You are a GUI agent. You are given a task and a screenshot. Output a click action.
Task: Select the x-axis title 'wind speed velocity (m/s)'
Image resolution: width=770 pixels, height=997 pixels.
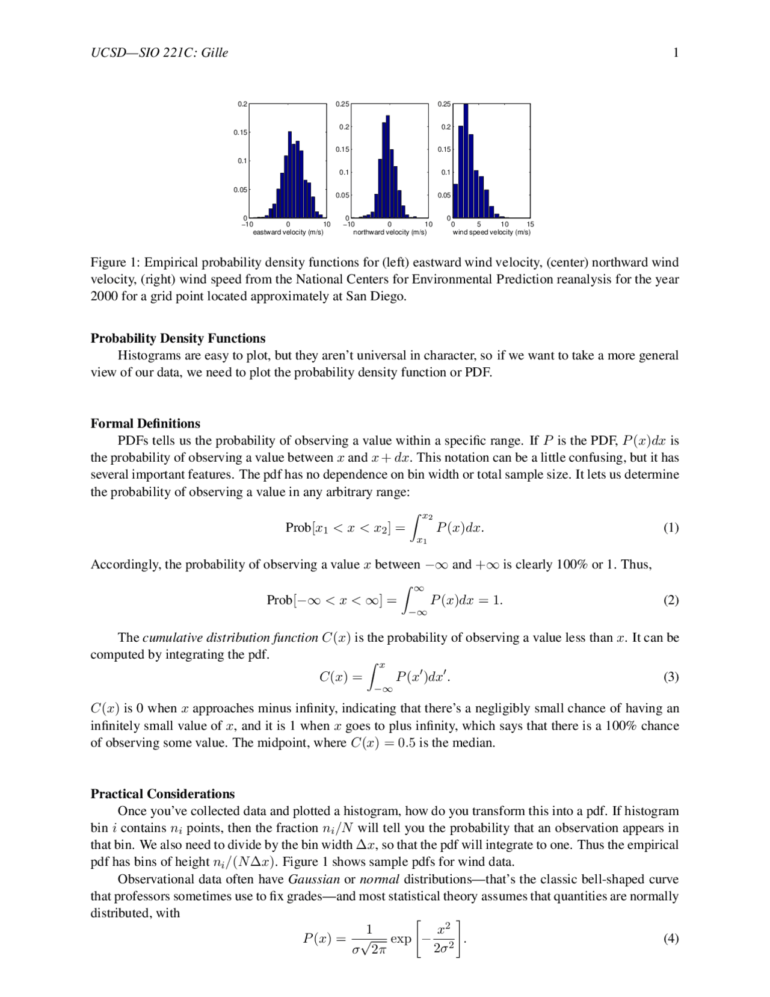[x=491, y=232]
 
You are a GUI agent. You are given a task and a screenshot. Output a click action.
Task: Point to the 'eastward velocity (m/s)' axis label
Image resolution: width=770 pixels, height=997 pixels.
[x=288, y=232]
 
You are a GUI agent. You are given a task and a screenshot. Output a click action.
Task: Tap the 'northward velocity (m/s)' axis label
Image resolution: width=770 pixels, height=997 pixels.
[x=389, y=232]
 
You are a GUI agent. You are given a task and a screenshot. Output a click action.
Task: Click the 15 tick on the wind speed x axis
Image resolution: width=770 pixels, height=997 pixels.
[x=530, y=225]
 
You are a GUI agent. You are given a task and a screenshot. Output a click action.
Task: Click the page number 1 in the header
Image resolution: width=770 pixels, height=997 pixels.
[x=676, y=53]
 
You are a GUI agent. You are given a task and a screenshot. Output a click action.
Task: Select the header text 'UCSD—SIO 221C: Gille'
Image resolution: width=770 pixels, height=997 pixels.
[x=159, y=53]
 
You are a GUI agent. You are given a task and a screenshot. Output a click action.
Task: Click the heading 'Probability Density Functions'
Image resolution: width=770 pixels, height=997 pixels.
[x=178, y=338]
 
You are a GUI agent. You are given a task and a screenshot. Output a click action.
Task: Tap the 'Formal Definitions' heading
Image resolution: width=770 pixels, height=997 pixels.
[x=145, y=423]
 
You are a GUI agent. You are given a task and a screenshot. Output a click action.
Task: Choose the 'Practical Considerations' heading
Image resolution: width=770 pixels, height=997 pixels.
[x=162, y=794]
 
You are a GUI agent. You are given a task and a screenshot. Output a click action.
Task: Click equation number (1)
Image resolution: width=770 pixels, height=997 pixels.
[x=671, y=528]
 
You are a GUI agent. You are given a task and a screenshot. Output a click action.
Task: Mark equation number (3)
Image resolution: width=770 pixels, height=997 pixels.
[x=671, y=677]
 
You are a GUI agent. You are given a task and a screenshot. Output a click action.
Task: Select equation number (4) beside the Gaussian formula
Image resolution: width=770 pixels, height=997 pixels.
[x=671, y=939]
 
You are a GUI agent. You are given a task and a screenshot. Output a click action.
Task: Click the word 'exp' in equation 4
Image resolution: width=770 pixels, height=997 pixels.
[x=401, y=939]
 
